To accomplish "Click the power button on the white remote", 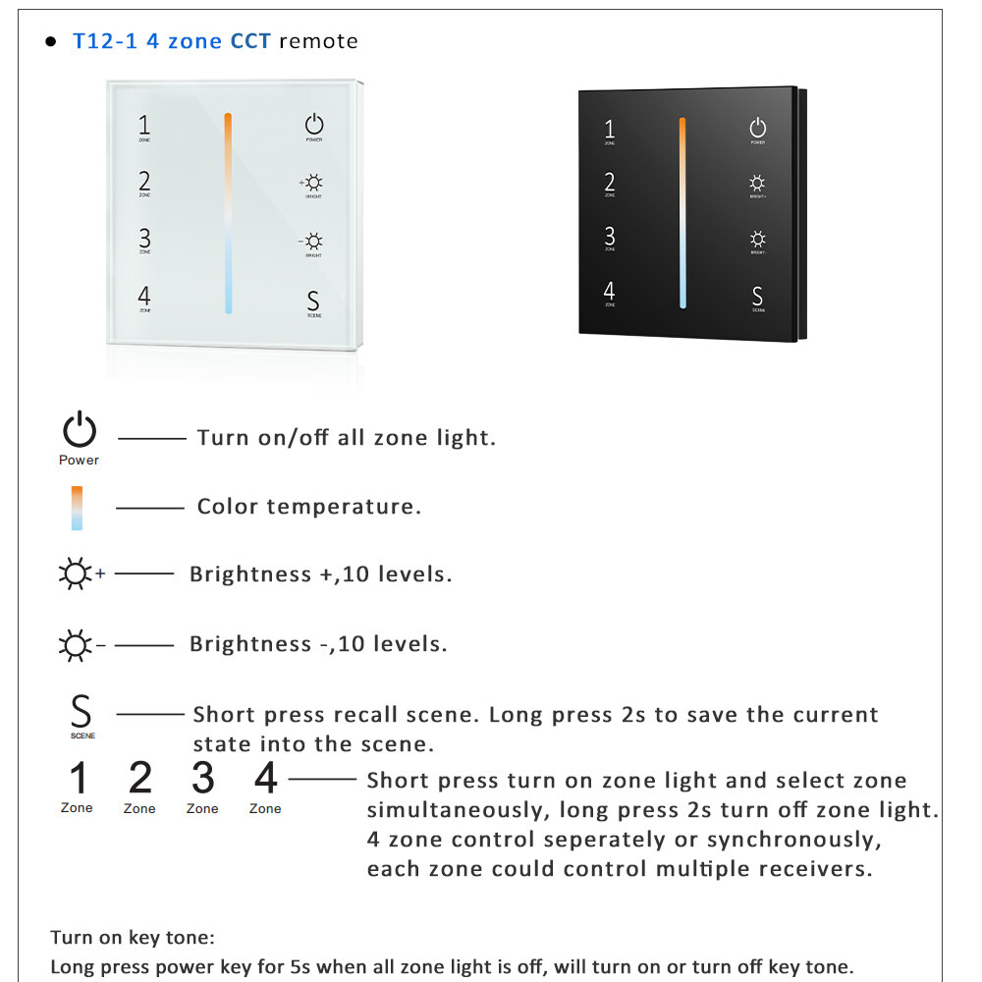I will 313,125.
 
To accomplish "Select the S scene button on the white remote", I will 313,301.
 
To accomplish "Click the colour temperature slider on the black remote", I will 682,212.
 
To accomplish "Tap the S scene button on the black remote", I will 757,296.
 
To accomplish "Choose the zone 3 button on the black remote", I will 610,237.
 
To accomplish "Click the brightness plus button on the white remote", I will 313,183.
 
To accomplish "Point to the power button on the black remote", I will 757,128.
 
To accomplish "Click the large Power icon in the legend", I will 80,431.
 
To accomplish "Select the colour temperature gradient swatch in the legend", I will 77,508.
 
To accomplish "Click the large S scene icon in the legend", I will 82,710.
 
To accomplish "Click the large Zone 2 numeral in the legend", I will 140,779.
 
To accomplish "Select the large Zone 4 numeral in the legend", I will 265,779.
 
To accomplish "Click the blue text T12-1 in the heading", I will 105,41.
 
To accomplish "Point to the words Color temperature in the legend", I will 308,507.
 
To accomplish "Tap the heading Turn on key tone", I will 133,938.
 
